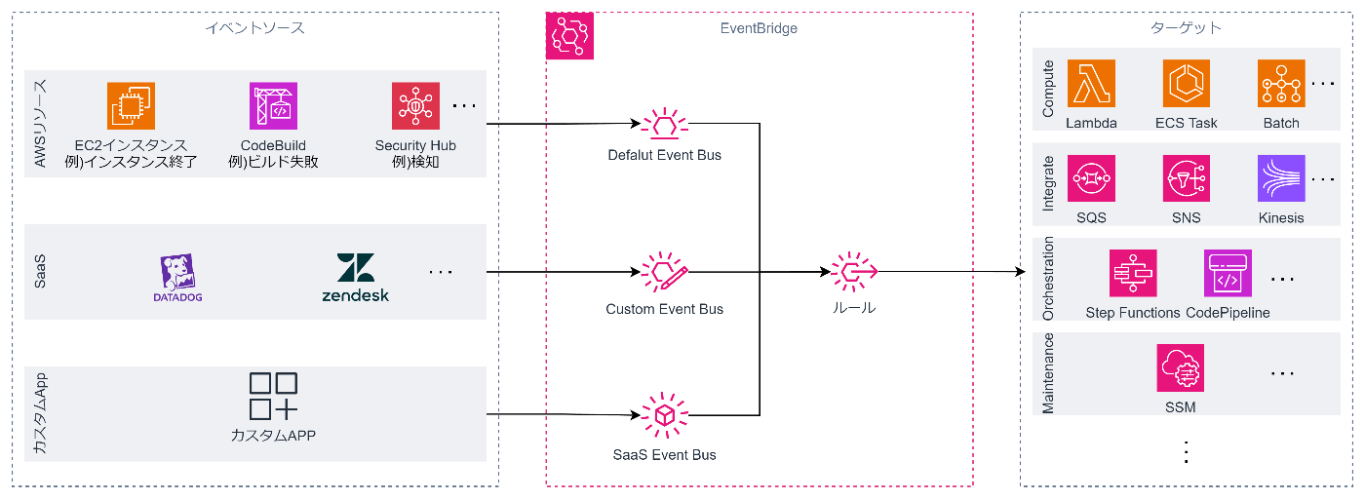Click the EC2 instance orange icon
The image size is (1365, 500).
click(132, 105)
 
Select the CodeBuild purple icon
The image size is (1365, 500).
click(273, 105)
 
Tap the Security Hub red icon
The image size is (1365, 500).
click(415, 105)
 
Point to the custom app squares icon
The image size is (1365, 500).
click(273, 396)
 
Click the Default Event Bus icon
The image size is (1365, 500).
click(664, 125)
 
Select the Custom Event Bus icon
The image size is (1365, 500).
click(664, 272)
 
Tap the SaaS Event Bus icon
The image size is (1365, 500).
click(664, 416)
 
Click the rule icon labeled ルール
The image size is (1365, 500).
click(854, 272)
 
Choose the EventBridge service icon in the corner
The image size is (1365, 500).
click(569, 37)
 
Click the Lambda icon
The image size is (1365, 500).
click(1091, 84)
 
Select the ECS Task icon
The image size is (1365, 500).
click(1186, 84)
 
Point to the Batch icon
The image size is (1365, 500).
click(1281, 84)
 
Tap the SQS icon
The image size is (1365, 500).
click(1091, 178)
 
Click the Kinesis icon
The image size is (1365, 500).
click(1281, 178)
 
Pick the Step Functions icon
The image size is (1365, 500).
click(1133, 274)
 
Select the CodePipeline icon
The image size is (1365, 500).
click(1228, 274)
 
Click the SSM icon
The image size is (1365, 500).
click(1181, 369)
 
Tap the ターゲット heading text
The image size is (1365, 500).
click(1186, 28)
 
